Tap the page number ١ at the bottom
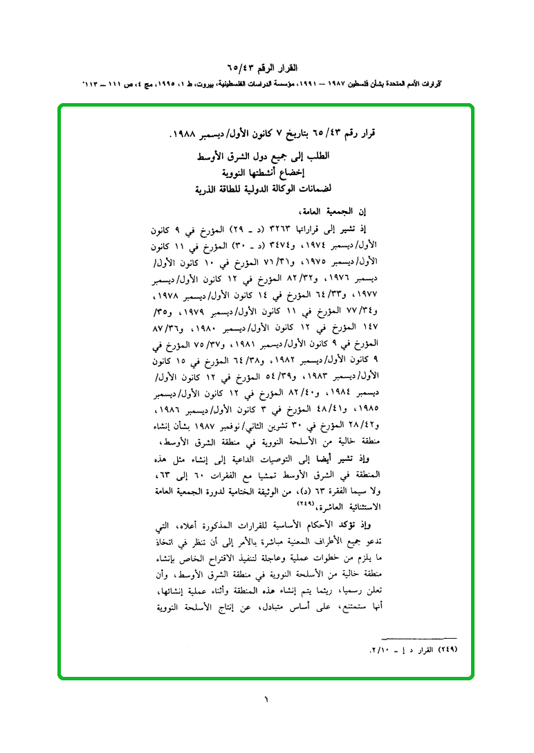pyautogui.click(x=266, y=700)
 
